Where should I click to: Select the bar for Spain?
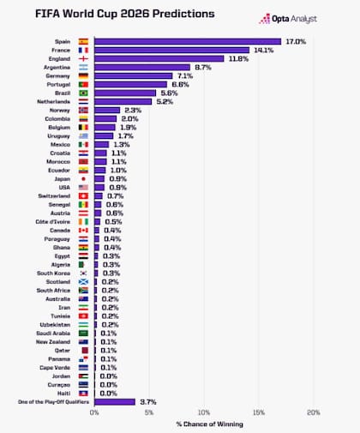pyautogui.click(x=187, y=41)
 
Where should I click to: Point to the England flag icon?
pyautogui.click(x=83, y=58)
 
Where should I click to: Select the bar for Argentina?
pyautogui.click(x=141, y=67)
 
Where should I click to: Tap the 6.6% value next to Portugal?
pyautogui.click(x=181, y=85)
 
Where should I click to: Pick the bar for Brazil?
pyautogui.click(x=124, y=93)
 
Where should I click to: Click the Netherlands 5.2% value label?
pyautogui.click(x=165, y=101)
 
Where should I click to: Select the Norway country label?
pyautogui.click(x=59, y=111)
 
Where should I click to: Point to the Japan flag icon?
pyautogui.click(x=83, y=178)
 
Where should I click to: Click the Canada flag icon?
pyautogui.click(x=83, y=230)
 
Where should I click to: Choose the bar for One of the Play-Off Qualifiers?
pyautogui.click(x=114, y=401)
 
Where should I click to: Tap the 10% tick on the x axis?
pyautogui.click(x=203, y=412)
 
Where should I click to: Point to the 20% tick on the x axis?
pyautogui.click(x=313, y=412)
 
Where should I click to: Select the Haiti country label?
pyautogui.click(x=62, y=393)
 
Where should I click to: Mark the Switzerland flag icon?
pyautogui.click(x=83, y=195)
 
